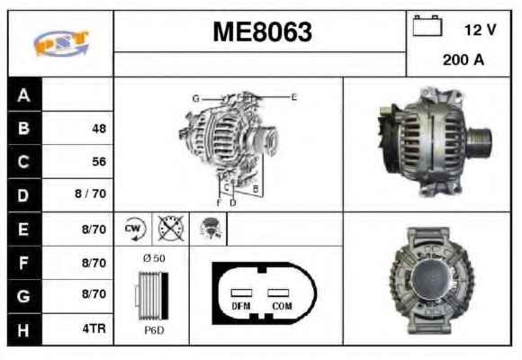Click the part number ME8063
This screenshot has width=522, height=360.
tap(262, 31)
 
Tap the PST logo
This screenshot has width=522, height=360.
tap(62, 43)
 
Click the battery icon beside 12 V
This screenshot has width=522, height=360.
tap(427, 25)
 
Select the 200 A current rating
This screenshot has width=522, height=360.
tap(463, 60)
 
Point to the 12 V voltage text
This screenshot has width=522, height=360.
tap(480, 30)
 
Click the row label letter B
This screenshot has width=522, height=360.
tap(23, 128)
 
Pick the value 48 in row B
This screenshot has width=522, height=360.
tap(99, 129)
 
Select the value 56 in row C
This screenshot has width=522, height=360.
tap(99, 161)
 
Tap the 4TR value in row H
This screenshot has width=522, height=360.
tap(94, 328)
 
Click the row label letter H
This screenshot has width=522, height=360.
tap(23, 330)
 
